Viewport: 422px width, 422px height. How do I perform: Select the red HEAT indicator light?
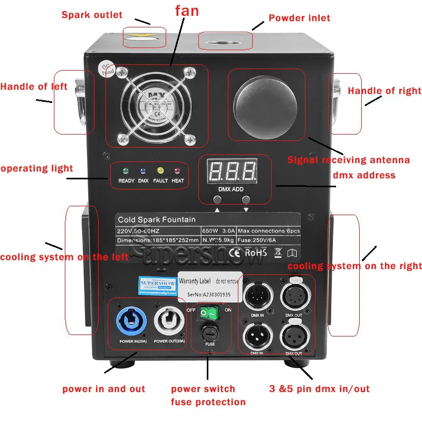pos(177,171)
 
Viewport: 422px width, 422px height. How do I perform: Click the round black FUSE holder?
pos(210,334)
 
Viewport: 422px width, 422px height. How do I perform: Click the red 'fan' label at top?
pos(187,12)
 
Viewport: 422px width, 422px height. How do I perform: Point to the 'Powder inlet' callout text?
pos(299,18)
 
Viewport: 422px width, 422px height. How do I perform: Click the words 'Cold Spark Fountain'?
pos(149,219)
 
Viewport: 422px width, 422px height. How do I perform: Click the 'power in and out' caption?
pos(103,389)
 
